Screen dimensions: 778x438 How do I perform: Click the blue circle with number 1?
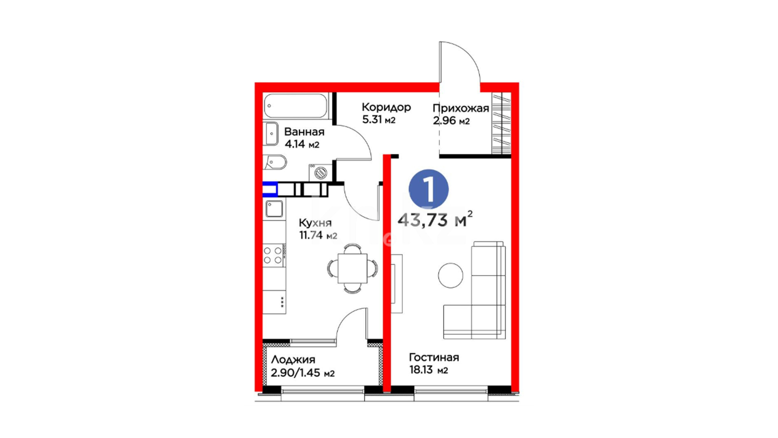(428, 189)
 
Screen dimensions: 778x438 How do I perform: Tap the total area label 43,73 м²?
(435, 219)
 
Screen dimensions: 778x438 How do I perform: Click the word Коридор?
(386, 107)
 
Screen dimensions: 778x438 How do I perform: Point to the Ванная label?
(304, 132)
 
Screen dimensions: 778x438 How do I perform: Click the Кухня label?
(315, 223)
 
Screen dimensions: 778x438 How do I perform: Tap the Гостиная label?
(434, 357)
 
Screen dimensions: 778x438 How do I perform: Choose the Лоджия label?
(293, 359)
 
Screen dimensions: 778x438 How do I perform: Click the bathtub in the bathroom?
(295, 106)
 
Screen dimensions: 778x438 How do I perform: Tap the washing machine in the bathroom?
(321, 172)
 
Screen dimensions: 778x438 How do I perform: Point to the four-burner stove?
(274, 255)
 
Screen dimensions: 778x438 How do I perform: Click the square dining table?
(353, 268)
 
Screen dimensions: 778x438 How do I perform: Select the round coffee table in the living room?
(451, 275)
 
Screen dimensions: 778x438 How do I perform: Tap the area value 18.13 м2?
(428, 370)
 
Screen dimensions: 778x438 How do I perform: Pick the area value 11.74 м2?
(318, 235)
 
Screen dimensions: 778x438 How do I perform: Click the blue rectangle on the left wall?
(270, 189)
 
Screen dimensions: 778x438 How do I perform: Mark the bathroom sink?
(271, 133)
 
